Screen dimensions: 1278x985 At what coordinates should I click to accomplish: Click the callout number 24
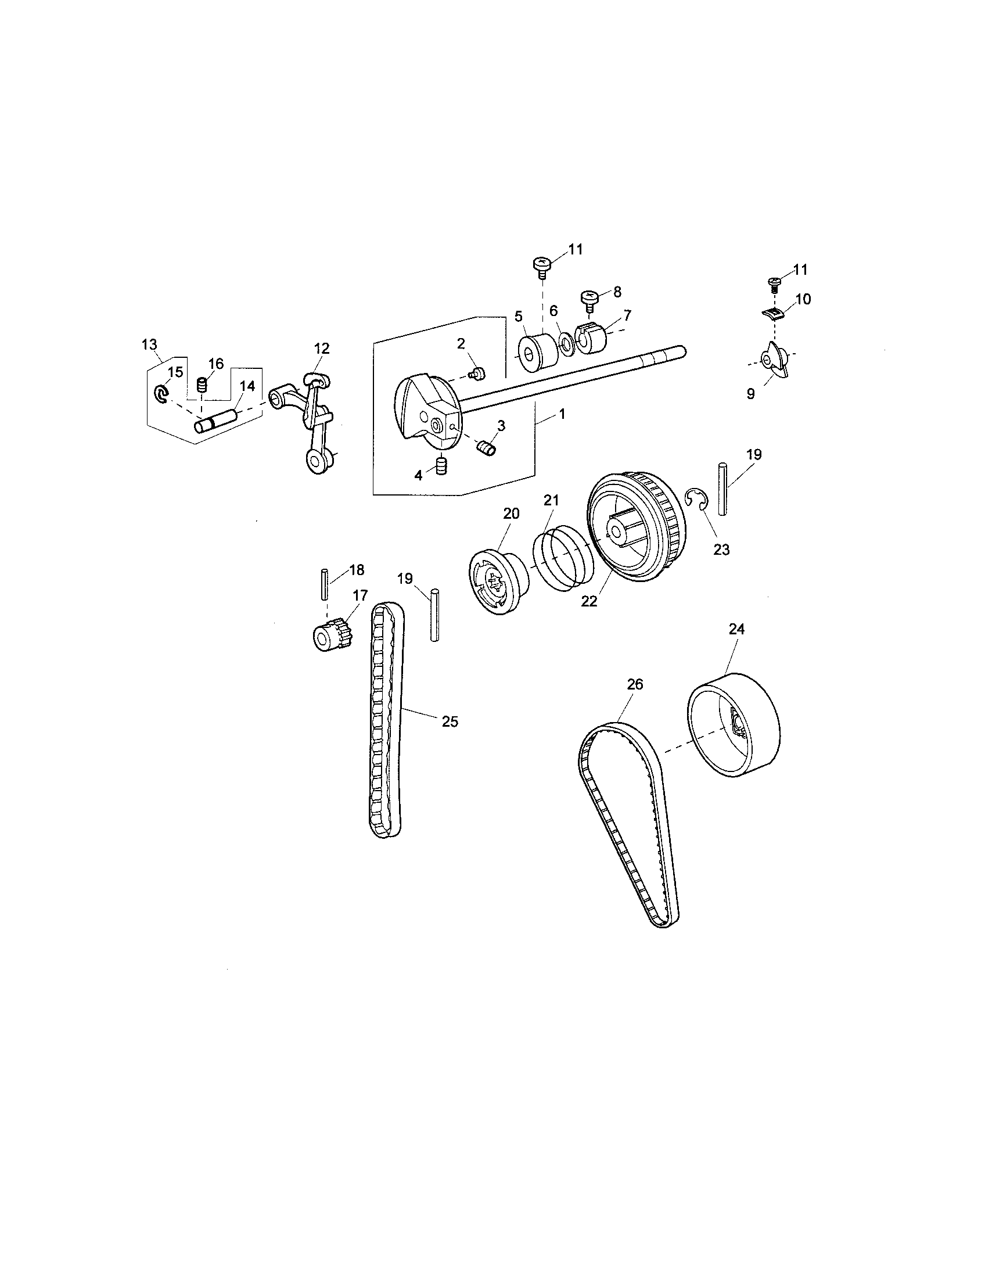click(x=736, y=629)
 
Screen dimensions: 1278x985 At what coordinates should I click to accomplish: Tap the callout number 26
click(x=635, y=684)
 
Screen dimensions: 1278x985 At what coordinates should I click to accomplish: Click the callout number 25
click(x=449, y=721)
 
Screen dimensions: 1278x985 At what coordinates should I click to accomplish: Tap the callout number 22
click(x=589, y=601)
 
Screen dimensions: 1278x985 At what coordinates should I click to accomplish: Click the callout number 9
click(x=750, y=394)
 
